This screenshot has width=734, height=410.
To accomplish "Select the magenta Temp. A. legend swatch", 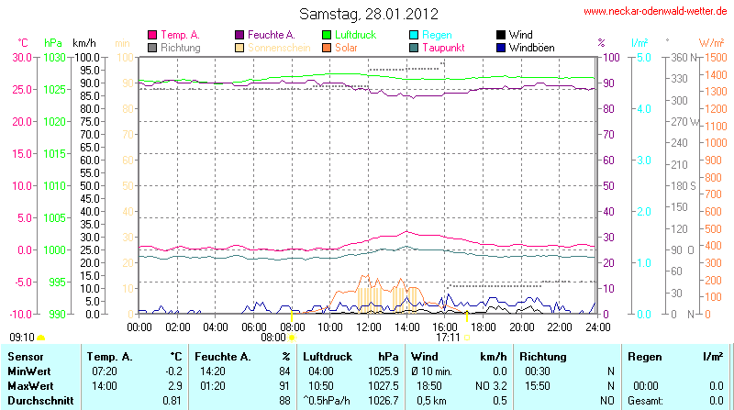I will [152, 35].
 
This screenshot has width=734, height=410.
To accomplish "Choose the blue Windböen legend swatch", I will [501, 47].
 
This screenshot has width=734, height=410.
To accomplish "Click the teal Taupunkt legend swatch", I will [415, 47].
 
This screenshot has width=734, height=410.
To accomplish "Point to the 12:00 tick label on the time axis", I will [369, 326].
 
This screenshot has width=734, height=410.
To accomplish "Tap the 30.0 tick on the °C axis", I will [22, 57].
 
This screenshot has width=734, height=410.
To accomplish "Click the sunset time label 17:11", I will [448, 337].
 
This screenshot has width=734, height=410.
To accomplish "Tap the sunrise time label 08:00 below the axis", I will [273, 337].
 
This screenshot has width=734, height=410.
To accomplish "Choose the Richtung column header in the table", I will [543, 355].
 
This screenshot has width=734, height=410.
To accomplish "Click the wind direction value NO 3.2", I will [493, 386].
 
